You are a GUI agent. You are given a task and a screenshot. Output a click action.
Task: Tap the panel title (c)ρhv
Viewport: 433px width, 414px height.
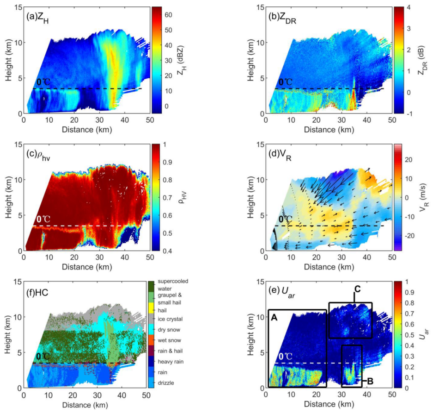40,154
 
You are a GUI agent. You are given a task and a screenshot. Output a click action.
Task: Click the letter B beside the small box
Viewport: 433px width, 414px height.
370,381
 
